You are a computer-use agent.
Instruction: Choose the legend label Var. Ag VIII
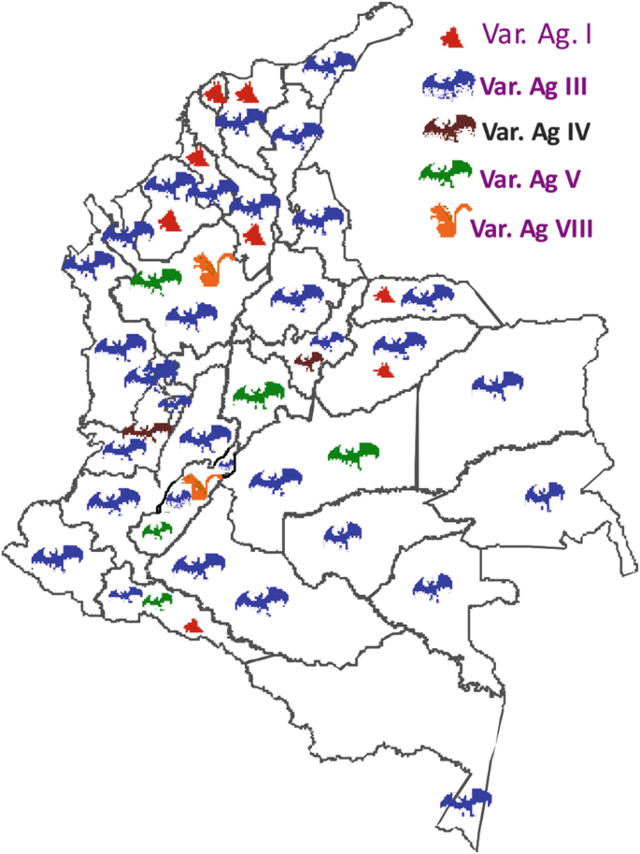(533, 227)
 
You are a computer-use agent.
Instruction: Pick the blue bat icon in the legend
(449, 85)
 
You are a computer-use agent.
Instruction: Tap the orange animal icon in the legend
(446, 221)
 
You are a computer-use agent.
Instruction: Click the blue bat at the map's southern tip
(466, 801)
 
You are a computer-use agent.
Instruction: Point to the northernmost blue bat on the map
(330, 63)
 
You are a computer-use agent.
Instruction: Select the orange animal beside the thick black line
(197, 486)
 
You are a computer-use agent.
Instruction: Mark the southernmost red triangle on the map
(192, 626)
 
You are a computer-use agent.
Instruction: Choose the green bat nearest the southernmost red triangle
(157, 599)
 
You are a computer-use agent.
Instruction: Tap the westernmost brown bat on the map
(147, 431)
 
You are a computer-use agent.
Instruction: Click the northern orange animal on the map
(206, 268)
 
